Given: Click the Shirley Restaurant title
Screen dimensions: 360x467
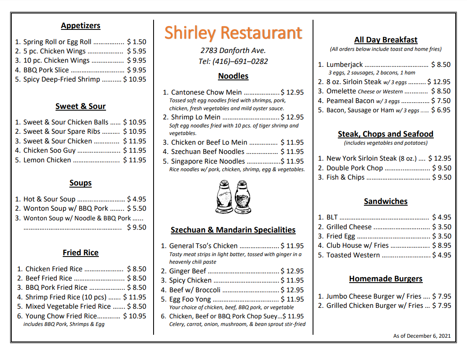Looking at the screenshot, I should point(233,33).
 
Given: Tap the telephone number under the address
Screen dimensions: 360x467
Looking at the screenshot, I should point(233,61).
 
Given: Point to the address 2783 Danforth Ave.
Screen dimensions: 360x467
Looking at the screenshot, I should point(233,50).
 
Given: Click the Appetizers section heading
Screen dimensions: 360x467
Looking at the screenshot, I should point(80,26).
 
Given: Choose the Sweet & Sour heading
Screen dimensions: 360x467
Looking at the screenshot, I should point(80,106).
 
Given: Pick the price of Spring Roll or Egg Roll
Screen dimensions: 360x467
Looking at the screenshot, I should point(137,42).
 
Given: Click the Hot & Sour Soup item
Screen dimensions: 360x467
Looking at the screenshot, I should point(49,199).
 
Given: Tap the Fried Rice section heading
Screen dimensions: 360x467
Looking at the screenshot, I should point(80,253).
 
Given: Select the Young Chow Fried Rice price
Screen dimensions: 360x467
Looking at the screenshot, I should point(135,316).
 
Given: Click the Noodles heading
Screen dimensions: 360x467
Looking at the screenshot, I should point(233,76).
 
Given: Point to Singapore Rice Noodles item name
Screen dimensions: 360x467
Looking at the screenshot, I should point(208,161).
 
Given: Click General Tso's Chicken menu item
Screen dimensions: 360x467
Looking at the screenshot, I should point(203,246).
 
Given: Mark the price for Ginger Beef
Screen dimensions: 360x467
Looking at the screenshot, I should point(292,271).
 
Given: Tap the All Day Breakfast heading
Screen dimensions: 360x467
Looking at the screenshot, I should point(386,40).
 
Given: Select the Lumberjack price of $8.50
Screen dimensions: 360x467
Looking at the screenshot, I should point(441,65).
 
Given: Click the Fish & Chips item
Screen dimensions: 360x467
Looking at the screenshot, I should point(345,177).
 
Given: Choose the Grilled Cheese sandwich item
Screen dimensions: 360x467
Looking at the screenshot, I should point(349,227).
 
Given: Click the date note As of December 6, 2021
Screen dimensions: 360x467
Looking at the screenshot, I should point(422,336).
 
